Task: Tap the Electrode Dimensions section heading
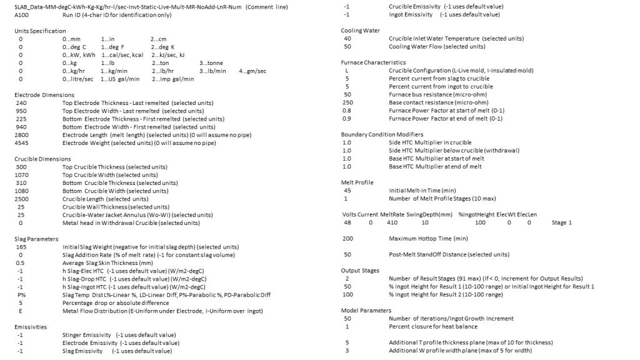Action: [x=41, y=94]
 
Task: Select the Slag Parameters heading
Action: [x=36, y=238]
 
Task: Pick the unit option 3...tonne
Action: [x=211, y=63]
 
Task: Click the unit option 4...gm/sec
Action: [x=252, y=71]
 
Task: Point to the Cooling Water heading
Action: [x=361, y=31]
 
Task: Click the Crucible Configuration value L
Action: [x=346, y=71]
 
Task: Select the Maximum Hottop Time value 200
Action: [x=348, y=238]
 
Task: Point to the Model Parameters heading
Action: [x=366, y=310]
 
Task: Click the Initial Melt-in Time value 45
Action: [x=347, y=190]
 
